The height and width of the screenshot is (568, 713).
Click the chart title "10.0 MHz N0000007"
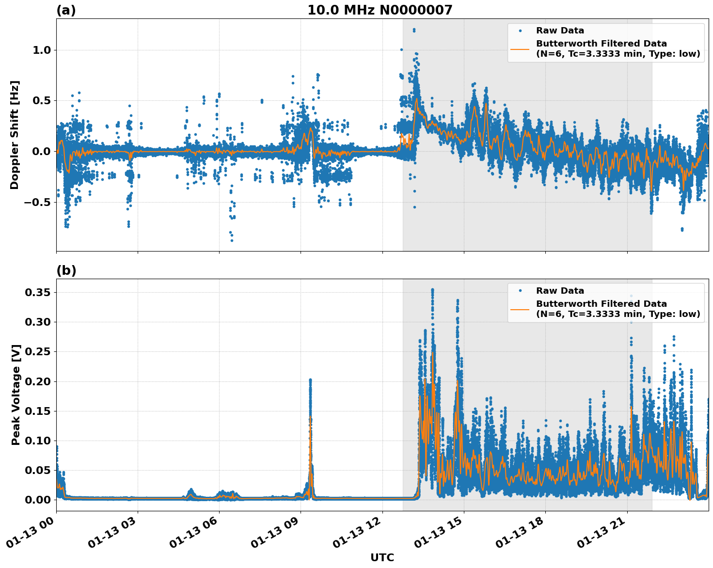pos(380,10)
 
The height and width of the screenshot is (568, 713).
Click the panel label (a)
pos(66,10)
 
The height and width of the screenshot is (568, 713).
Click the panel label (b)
pos(66,270)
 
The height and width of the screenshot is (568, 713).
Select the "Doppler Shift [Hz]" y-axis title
pos(15,135)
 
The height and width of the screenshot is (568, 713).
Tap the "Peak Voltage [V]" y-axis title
pos(16,394)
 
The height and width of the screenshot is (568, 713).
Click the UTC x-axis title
pos(382,557)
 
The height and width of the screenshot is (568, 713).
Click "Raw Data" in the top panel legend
pos(560,31)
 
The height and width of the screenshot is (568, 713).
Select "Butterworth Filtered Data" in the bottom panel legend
pos(601,304)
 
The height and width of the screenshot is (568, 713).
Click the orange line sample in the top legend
pos(520,48)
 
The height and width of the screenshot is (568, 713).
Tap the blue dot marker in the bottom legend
pos(520,291)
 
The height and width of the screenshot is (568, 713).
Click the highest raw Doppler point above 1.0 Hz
pos(414,30)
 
